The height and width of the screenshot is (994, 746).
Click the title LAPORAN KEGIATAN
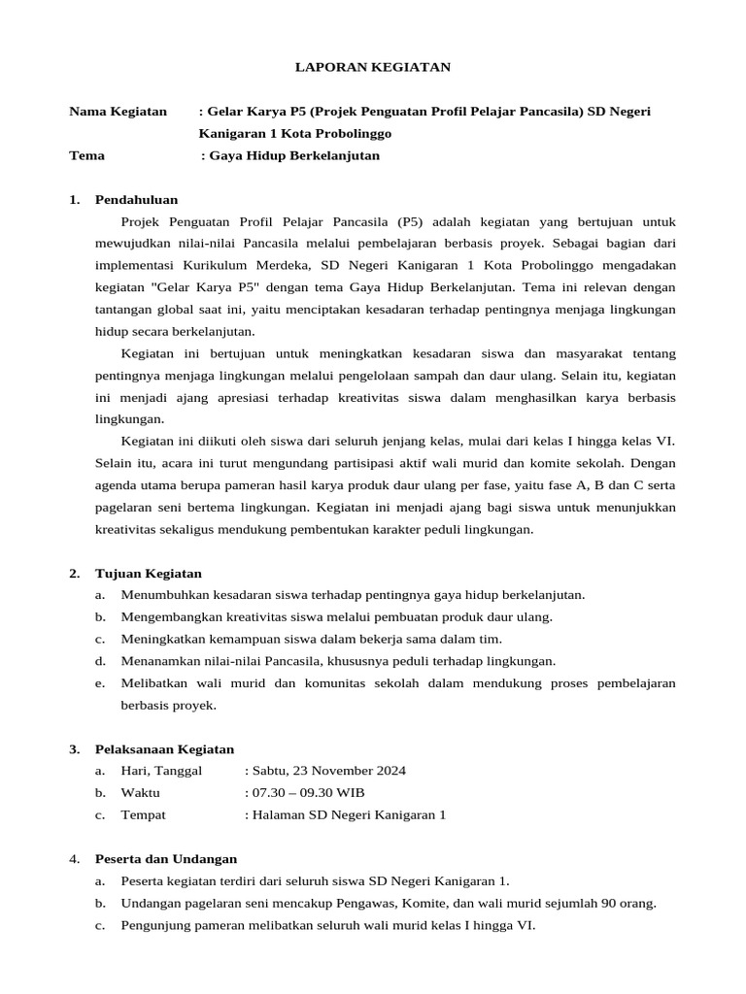[373, 67]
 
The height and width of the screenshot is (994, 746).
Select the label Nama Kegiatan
[119, 111]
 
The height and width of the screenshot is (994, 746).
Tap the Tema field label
[87, 155]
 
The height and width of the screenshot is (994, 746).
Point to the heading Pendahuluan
[136, 199]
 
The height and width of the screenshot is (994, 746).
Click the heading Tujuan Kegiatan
[149, 573]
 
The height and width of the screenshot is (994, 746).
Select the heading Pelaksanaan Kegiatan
[164, 748]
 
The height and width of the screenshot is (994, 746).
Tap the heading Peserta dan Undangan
[165, 858]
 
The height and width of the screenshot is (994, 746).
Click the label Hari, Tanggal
[161, 771]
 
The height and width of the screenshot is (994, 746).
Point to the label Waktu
[140, 792]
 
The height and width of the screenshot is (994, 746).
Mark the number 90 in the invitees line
[608, 903]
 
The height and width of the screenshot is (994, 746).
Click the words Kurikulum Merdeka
[232, 265]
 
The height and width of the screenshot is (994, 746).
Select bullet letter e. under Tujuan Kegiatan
[100, 683]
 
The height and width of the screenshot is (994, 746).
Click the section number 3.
[74, 748]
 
